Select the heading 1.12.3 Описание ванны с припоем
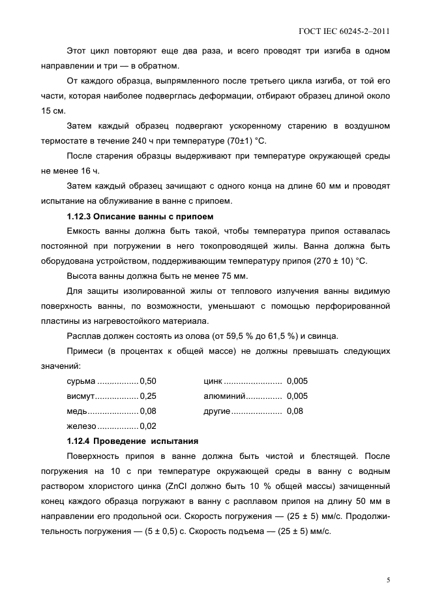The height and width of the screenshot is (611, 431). click(140, 216)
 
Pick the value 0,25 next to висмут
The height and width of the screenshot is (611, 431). click(148, 396)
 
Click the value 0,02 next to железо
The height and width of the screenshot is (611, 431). click(148, 426)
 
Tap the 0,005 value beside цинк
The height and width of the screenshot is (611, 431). click(297, 381)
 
